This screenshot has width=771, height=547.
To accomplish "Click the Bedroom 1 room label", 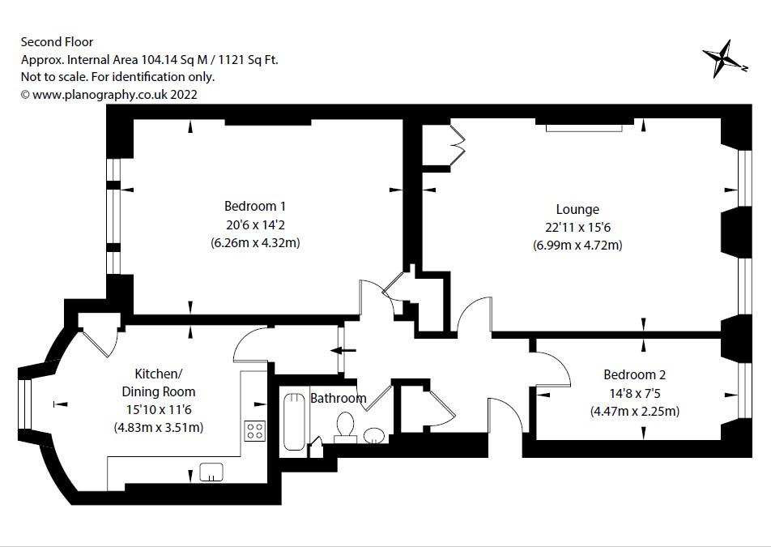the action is coord(254,206).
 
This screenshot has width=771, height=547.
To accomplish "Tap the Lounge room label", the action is coord(577,209).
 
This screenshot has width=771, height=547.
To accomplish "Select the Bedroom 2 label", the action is coord(634,375).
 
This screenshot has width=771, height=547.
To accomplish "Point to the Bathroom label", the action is coord(339,398).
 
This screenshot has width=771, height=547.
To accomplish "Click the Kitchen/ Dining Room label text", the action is coord(159,382).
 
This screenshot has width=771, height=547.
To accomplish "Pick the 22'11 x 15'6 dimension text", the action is coord(577,227).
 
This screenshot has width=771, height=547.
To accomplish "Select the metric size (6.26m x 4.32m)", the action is coord(255,242).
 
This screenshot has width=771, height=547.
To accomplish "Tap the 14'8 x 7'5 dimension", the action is coord(635,393).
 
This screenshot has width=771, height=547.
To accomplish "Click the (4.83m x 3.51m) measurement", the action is coord(159,427).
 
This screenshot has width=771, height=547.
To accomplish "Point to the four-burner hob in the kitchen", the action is coord(254,431).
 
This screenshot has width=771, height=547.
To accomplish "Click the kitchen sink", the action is coord(211,472).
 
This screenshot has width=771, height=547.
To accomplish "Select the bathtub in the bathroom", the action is coord(294,421).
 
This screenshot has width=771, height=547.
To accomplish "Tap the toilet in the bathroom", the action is coord(345,426).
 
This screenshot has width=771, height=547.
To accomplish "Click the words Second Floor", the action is coord(57,42).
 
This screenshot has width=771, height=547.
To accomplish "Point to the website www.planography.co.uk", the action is coord(100,95).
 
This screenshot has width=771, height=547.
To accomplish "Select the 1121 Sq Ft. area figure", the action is coord(249,59).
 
